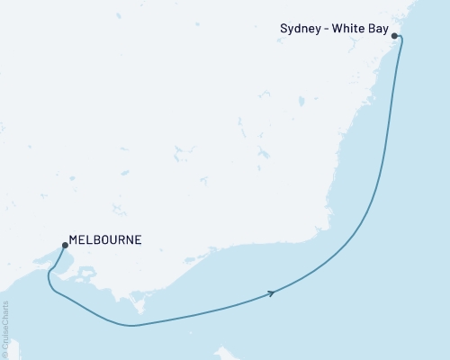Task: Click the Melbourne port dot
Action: [x=64, y=244]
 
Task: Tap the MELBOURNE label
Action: [x=105, y=240]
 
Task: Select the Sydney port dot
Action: [x=394, y=36]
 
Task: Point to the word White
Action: [x=350, y=30]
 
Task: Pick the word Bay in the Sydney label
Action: [x=378, y=30]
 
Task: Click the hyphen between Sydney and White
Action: [x=327, y=30]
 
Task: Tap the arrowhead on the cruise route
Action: [x=270, y=292]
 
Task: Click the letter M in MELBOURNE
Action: [x=74, y=240]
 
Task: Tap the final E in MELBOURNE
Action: [x=138, y=240]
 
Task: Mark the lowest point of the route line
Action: [x=133, y=325]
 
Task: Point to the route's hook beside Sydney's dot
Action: [x=400, y=40]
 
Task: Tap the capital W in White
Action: [x=337, y=30]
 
